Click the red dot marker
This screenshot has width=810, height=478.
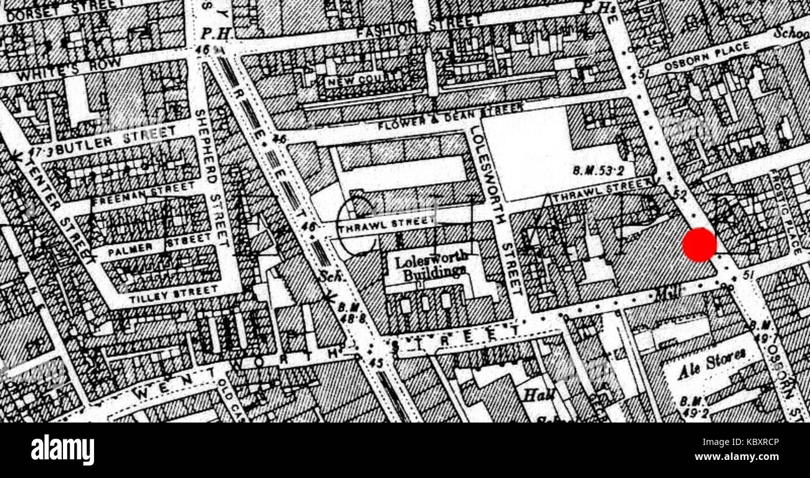[699, 245]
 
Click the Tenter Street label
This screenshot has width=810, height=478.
[61, 206]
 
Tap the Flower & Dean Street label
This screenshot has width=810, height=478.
[449, 117]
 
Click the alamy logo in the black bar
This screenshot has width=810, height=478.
[62, 450]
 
